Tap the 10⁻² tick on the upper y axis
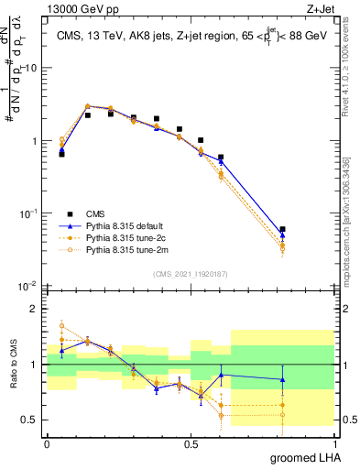pyautogui.click(x=28, y=286)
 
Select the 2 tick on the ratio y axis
pyautogui.click(x=35, y=309)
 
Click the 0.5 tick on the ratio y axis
pyautogui.click(x=31, y=420)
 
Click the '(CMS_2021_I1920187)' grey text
pyautogui.click(x=190, y=273)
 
